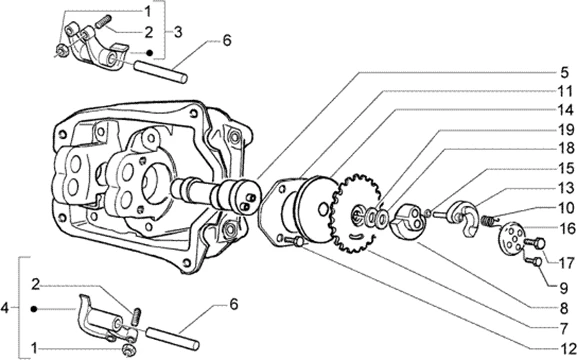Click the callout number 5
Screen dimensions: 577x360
564,73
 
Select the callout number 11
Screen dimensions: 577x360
565,91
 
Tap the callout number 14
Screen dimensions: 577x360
565,110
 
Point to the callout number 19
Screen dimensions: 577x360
565,130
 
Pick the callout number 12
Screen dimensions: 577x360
567,348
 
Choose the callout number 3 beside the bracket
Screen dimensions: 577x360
178,32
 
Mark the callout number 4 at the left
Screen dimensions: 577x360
4,308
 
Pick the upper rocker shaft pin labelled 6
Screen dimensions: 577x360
160,72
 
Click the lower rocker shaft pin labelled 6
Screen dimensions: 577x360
173,338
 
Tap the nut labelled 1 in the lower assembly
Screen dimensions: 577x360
128,349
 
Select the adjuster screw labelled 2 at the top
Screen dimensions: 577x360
103,21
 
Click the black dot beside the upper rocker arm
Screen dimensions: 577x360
149,53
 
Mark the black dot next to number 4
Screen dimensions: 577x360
34,309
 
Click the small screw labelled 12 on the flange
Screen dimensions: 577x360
294,241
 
